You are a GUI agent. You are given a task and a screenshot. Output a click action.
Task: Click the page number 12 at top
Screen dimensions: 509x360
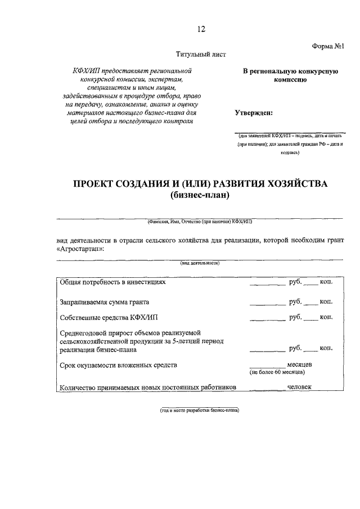tap(201, 29)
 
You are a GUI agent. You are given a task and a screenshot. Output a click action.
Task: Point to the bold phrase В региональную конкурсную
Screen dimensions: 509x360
tap(290, 71)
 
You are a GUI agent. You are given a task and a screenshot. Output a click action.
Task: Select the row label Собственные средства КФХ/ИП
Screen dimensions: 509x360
tap(106, 318)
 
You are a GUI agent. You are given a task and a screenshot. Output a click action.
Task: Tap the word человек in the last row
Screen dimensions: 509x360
tap(299, 386)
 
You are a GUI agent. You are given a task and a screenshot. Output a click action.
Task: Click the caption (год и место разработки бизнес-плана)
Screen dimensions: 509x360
tap(200, 410)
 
